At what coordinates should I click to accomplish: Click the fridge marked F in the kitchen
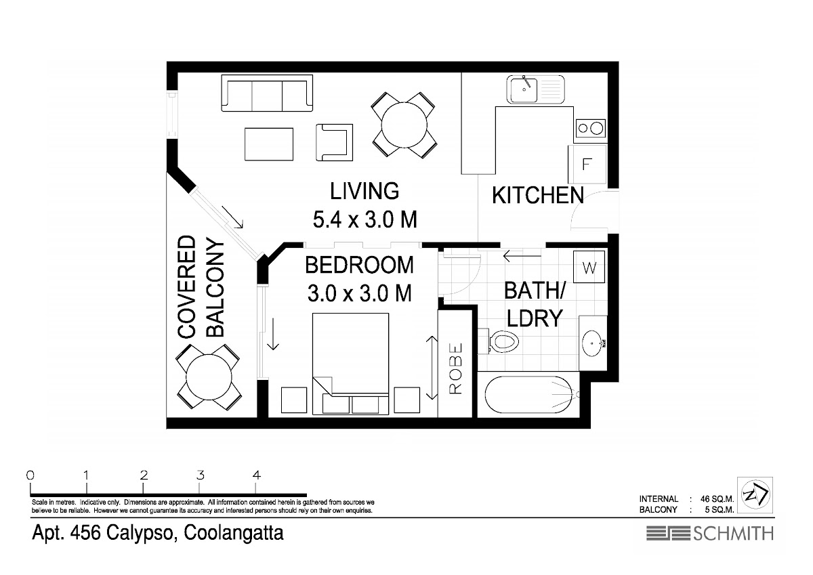(587, 164)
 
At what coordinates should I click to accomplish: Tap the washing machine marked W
(589, 267)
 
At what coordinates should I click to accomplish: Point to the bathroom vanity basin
(593, 343)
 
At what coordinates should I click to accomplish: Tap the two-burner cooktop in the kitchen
(590, 128)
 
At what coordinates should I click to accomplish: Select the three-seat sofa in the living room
(267, 93)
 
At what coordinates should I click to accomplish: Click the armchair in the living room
(334, 143)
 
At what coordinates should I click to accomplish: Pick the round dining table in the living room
(404, 125)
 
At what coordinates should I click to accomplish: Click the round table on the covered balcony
(209, 377)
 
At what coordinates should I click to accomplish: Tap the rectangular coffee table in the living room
(269, 144)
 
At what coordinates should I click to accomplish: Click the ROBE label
(456, 368)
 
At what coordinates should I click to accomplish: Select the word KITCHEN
(537, 196)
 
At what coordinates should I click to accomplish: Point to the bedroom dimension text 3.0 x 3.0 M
(359, 293)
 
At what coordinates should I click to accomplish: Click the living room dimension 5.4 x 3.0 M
(364, 219)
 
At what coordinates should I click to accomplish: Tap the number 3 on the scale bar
(201, 475)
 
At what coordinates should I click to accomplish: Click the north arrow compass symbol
(755, 495)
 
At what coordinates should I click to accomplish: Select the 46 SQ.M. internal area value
(717, 499)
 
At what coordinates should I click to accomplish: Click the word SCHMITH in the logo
(734, 533)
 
